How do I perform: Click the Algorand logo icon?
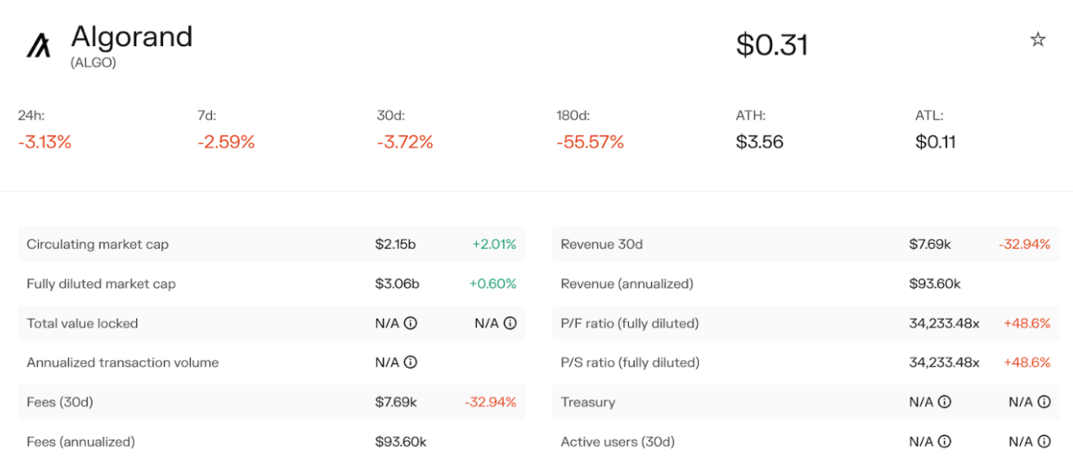(39, 45)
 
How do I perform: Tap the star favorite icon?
(1038, 40)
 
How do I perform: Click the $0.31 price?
(771, 45)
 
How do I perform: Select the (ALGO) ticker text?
(93, 62)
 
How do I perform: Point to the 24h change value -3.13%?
(45, 142)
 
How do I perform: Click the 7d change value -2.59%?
(225, 142)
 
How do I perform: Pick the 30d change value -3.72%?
(404, 142)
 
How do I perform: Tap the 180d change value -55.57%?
(589, 142)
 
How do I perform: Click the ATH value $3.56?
(759, 142)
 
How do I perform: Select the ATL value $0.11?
(935, 142)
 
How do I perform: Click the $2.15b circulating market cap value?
(395, 245)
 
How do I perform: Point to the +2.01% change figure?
(494, 245)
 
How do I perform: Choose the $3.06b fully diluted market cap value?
(397, 284)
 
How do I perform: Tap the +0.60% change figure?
(493, 284)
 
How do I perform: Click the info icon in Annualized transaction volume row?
(410, 363)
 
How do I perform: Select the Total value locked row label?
(82, 324)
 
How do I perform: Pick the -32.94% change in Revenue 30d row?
(1024, 245)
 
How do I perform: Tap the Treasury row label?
(588, 402)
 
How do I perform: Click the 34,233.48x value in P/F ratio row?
(944, 324)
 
